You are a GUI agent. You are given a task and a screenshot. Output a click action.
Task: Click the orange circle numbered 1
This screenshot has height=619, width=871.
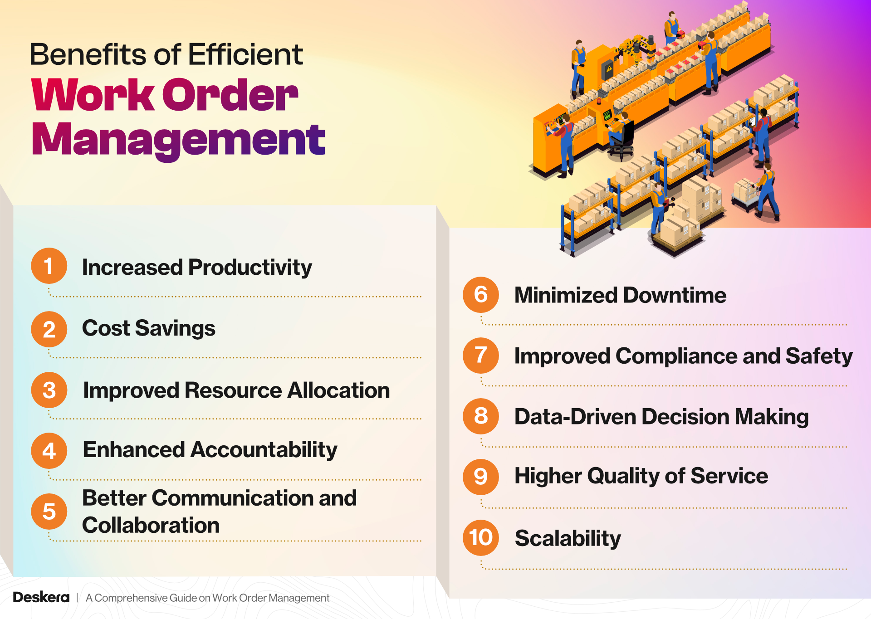(49, 266)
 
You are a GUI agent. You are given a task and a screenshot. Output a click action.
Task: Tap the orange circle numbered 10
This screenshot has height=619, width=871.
(480, 537)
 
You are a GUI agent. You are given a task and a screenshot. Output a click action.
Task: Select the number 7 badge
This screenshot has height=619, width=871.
(480, 356)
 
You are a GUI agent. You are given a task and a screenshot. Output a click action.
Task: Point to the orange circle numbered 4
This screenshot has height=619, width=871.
(49, 450)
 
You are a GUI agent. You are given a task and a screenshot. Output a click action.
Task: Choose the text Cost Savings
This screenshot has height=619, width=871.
(148, 328)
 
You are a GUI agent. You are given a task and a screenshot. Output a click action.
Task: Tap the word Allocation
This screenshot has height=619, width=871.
(338, 390)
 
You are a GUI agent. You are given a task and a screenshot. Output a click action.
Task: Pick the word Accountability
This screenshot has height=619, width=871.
(264, 450)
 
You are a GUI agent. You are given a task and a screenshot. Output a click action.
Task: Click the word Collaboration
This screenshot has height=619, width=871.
(151, 525)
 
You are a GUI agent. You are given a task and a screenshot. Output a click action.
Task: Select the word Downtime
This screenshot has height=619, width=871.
(675, 295)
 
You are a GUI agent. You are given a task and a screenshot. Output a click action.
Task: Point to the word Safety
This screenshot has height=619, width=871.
(819, 356)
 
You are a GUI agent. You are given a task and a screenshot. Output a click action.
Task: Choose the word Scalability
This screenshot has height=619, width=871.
(568, 538)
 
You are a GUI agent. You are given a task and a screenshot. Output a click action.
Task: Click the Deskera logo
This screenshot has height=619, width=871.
(41, 597)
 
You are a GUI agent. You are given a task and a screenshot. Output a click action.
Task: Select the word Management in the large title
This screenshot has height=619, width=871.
(178, 140)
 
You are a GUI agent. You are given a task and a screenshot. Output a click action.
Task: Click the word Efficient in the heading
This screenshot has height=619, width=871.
(245, 54)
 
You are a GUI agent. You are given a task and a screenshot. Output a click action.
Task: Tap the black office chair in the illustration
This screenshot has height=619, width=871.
(624, 138)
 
